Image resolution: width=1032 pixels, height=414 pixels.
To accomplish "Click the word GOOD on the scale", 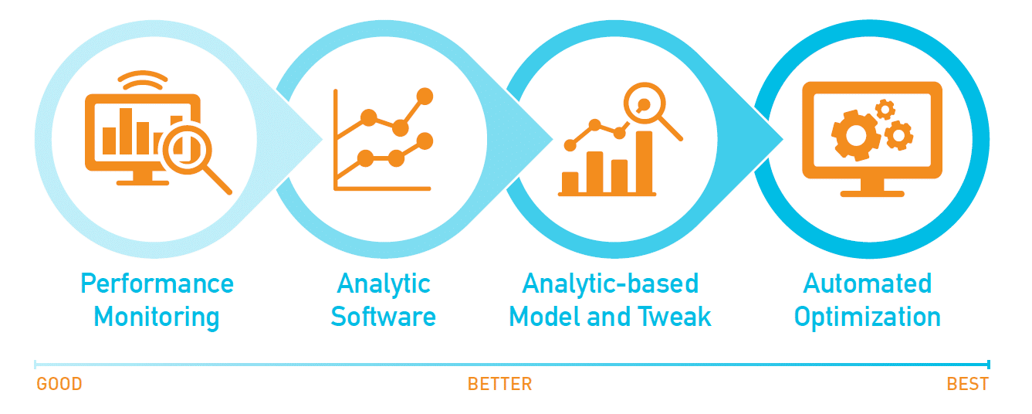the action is [x=59, y=384].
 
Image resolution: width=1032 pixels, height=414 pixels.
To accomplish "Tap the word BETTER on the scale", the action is [x=500, y=384].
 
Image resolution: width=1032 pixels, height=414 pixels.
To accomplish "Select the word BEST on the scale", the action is [x=967, y=384].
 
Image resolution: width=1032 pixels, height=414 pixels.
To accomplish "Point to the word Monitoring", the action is [x=157, y=317].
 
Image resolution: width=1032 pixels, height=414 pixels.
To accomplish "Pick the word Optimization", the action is [x=868, y=317].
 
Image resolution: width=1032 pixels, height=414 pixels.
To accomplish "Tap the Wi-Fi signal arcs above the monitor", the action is [x=143, y=80].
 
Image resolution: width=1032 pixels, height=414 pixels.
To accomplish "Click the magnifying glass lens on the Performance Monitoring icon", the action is [x=187, y=149].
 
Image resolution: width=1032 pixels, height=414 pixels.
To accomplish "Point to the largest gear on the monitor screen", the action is [x=856, y=135].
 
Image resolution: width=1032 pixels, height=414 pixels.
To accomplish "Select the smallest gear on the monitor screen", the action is [x=885, y=110].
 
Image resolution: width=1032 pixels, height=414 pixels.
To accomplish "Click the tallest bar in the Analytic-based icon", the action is [x=644, y=162].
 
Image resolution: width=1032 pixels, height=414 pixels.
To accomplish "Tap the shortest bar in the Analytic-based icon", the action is [x=570, y=182].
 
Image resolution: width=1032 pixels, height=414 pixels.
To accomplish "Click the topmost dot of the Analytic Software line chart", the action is [x=425, y=97].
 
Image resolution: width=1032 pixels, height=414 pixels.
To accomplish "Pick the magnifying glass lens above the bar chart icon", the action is [x=645, y=103].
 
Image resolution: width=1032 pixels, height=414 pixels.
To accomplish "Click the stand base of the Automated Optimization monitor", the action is [x=872, y=194].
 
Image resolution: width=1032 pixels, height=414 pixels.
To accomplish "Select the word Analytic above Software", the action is [x=384, y=284].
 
